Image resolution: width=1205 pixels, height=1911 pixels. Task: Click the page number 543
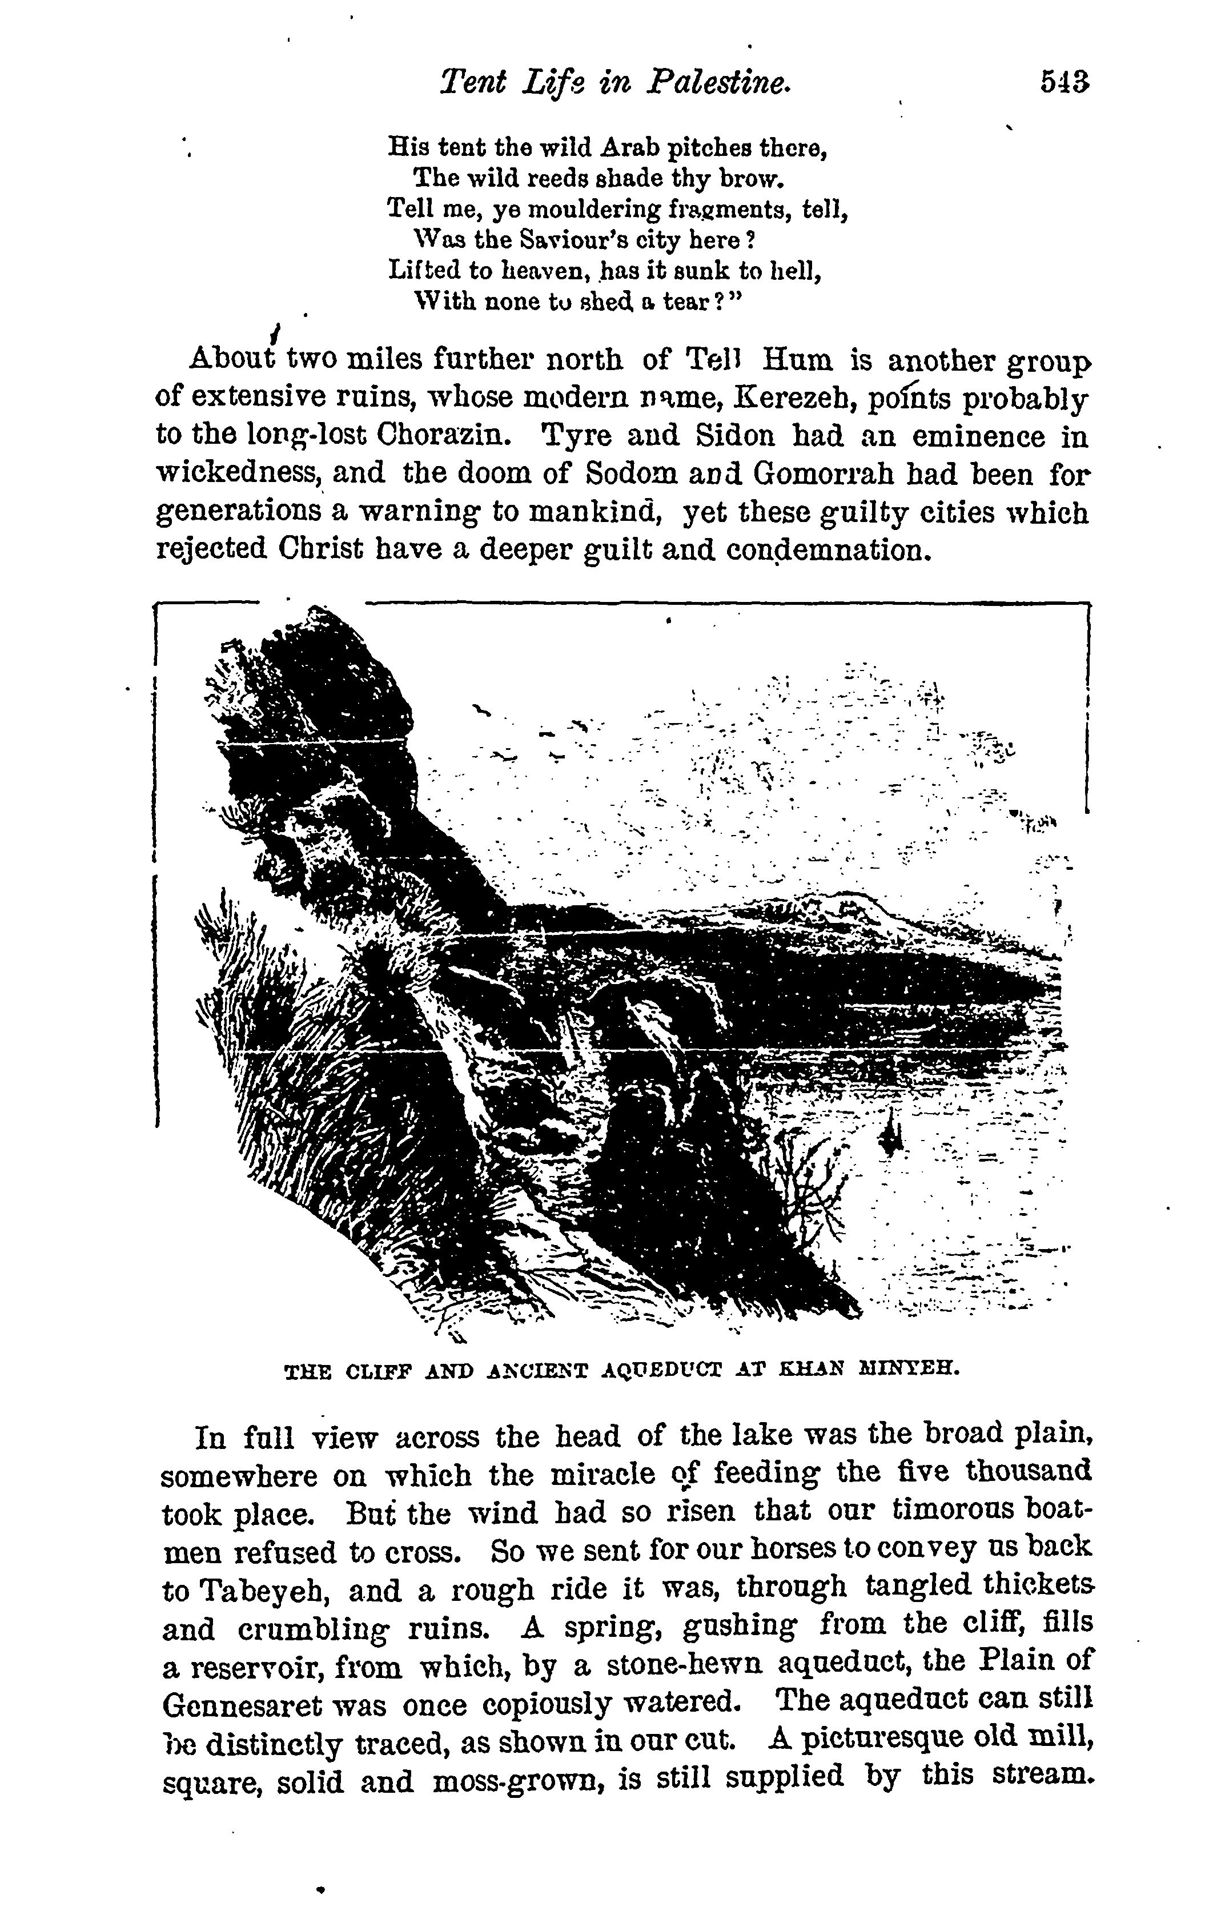[1065, 83]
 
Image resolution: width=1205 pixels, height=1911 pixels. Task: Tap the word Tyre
[570, 436]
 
